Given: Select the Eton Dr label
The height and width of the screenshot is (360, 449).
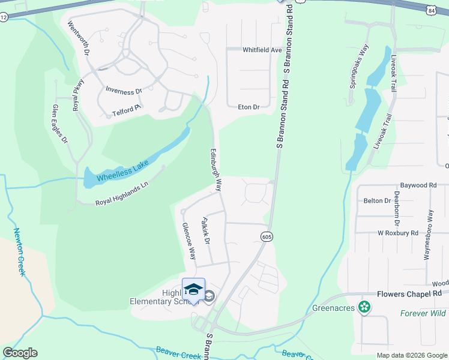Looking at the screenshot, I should [x=249, y=107].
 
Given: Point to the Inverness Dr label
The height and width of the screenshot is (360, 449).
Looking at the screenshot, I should [x=123, y=91].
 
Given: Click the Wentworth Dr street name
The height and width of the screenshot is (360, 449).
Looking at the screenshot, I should [x=79, y=40].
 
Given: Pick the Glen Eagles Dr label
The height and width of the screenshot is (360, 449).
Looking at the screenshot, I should [x=60, y=124].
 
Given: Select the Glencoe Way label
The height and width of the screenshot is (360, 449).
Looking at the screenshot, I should [x=188, y=241].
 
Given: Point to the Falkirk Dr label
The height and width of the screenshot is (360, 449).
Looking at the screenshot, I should [x=205, y=231].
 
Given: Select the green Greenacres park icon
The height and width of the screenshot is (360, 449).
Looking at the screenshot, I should [x=363, y=308].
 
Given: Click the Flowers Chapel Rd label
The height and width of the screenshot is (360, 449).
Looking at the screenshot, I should [x=412, y=295].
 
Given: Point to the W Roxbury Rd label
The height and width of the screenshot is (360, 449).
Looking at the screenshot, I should [x=397, y=232].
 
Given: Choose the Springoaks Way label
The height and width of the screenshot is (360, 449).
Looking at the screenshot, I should [x=358, y=67].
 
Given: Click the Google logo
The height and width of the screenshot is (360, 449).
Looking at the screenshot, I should [x=20, y=353].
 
